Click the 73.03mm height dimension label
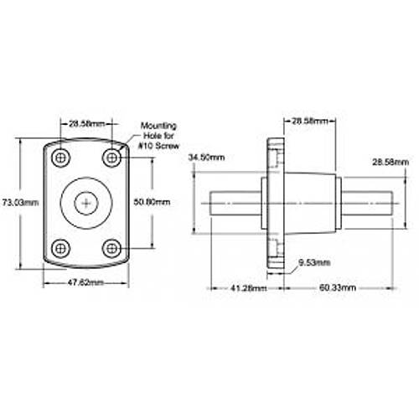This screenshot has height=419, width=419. [21, 202]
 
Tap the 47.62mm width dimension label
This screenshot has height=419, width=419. [85, 282]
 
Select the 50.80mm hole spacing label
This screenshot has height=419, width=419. [152, 202]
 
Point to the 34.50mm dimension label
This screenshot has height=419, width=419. [206, 158]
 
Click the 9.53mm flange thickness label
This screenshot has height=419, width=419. [314, 262]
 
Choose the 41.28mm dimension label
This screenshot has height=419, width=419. [248, 287]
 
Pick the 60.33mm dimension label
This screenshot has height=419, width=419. [338, 287]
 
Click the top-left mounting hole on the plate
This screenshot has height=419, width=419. [60, 158]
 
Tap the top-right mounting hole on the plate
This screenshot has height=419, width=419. [111, 158]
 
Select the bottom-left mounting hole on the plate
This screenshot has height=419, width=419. [60, 248]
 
